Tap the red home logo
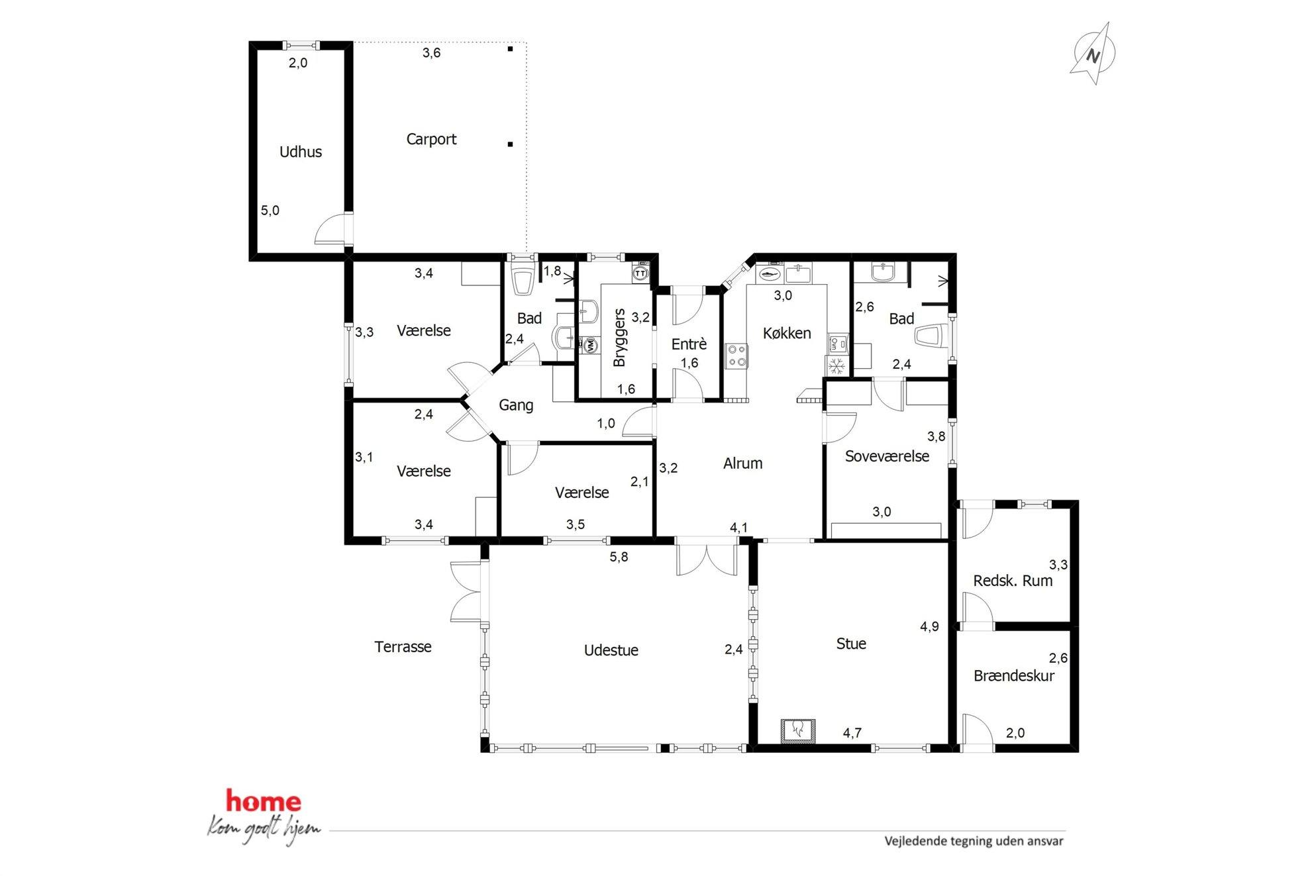tap(264, 801)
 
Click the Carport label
tap(431, 139)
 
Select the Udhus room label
tap(301, 152)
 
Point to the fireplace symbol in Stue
tap(798, 730)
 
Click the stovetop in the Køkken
tap(736, 355)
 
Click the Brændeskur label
tap(1014, 675)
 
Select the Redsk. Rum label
tap(1013, 581)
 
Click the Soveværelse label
tap(887, 456)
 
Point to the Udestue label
tap(611, 650)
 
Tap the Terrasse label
tap(403, 647)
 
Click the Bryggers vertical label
tap(619, 338)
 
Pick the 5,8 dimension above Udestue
tap(619, 558)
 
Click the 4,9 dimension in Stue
tap(929, 626)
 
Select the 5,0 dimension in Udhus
tap(270, 211)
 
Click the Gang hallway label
tap(516, 405)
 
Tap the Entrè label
tap(689, 344)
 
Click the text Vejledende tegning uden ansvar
tap(974, 841)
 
